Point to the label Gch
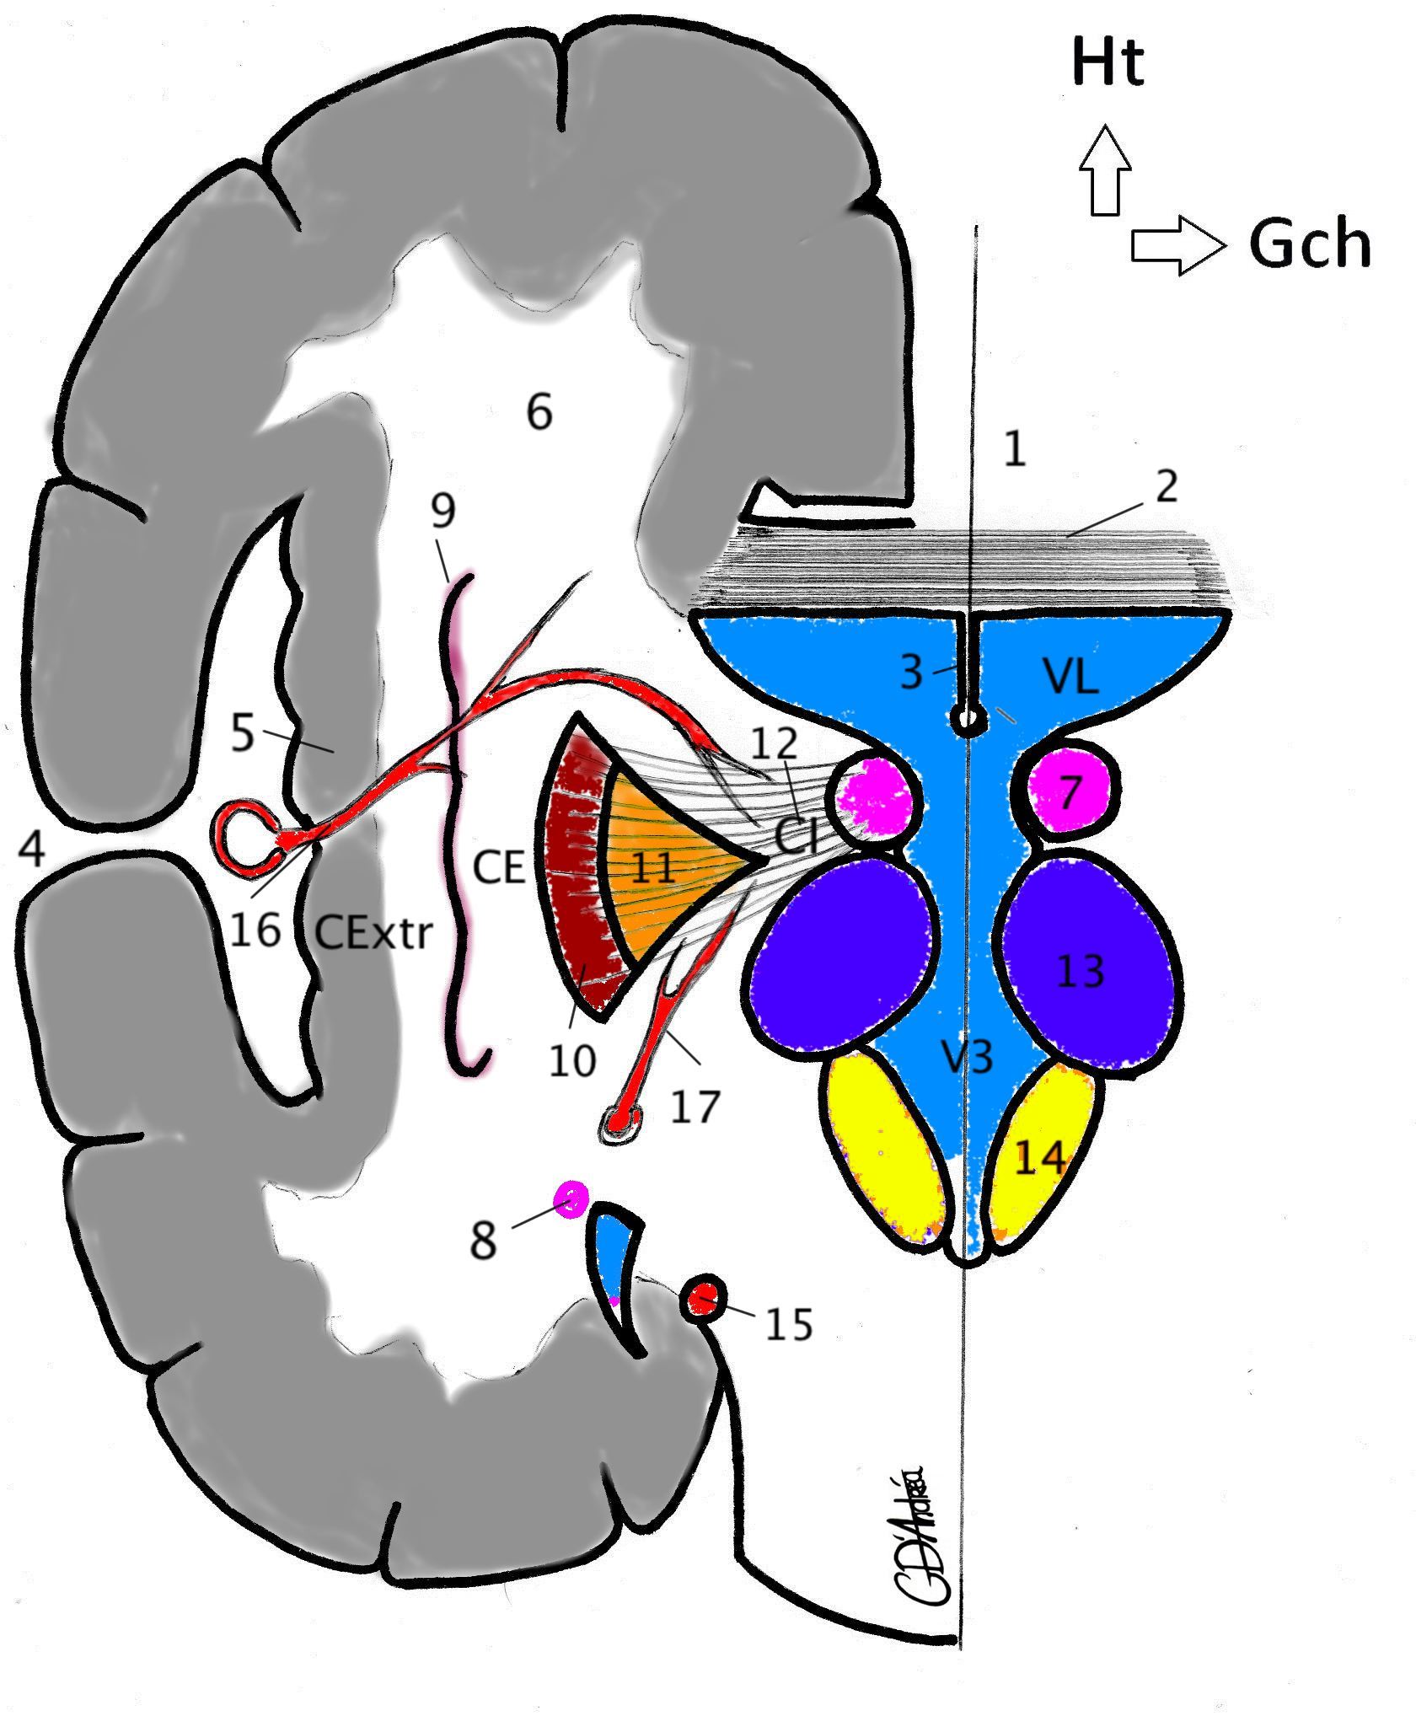tap(1310, 244)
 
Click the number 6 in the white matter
tap(539, 412)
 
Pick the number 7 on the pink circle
tap(1070, 792)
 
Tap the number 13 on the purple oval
tap(1081, 971)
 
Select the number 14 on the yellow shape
tap(1039, 1159)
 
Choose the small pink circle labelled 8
tap(571, 1198)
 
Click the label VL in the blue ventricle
tap(1070, 675)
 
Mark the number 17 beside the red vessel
tap(695, 1106)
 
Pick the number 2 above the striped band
tap(1166, 486)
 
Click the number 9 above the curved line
tap(442, 510)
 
